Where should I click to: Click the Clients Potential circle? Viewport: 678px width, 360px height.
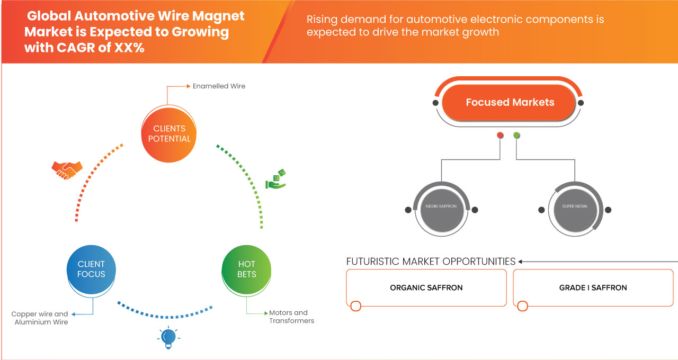pyautogui.click(x=169, y=133)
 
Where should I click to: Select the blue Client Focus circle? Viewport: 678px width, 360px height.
pyautogui.click(x=91, y=269)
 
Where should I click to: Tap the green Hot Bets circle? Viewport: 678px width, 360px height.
pyautogui.click(x=246, y=269)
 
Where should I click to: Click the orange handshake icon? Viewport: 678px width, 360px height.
pyautogui.click(x=67, y=169)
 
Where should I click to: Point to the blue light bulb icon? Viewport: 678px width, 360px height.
pyautogui.click(x=168, y=337)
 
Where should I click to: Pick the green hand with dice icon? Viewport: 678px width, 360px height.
pyautogui.click(x=276, y=179)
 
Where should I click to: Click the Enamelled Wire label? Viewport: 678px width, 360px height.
pyautogui.click(x=219, y=86)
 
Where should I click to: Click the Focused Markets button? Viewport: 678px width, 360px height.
pyautogui.click(x=510, y=103)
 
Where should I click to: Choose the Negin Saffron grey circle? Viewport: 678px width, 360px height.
pyautogui.click(x=441, y=206)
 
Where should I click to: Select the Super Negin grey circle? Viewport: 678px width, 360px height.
pyautogui.click(x=575, y=206)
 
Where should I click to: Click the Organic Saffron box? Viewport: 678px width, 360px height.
pyautogui.click(x=426, y=288)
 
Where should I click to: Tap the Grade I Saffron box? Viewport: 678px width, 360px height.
pyautogui.click(x=593, y=288)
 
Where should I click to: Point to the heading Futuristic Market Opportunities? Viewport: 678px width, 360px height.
pyautogui.click(x=431, y=262)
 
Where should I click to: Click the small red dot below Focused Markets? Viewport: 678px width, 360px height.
pyautogui.click(x=500, y=136)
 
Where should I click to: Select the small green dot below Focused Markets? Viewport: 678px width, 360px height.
pyautogui.click(x=516, y=136)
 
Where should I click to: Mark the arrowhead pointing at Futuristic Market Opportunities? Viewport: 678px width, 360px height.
pyautogui.click(x=521, y=262)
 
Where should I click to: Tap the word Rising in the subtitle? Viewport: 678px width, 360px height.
pyautogui.click(x=323, y=20)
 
